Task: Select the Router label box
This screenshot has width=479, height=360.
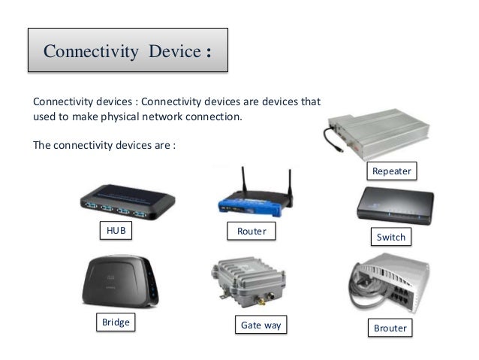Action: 251,231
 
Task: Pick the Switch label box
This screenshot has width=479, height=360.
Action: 390,237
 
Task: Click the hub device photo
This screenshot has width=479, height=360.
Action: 127,201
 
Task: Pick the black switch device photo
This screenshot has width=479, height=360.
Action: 390,206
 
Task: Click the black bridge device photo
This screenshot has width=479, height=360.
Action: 119,285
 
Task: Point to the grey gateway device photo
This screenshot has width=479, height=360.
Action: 248,286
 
